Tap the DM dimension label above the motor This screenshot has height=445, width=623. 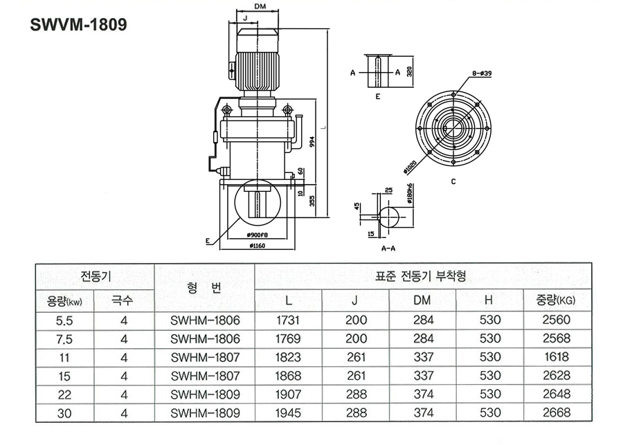[x=260, y=6]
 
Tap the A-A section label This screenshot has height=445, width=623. [x=388, y=247]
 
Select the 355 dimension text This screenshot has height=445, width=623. [x=311, y=201]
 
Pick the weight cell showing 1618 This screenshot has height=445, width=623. [x=557, y=357]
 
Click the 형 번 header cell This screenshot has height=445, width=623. [x=205, y=288]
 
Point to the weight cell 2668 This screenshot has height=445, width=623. [x=557, y=413]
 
